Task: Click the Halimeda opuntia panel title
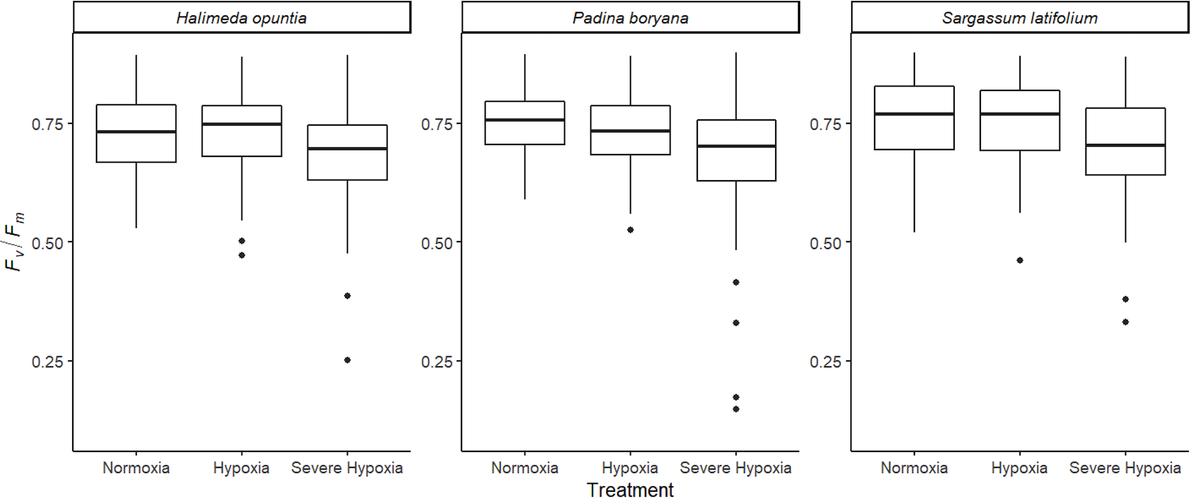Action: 241,18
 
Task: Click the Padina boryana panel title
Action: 630,18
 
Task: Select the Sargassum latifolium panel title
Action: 1020,18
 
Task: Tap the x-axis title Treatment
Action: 630,489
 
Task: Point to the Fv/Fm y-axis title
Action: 15,242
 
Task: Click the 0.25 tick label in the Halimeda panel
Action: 47,362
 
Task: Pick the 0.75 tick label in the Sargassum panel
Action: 825,124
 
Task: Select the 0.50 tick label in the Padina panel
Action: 436,243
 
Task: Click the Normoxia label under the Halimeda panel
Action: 136,468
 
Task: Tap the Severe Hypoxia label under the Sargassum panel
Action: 1125,468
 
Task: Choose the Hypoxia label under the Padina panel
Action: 630,468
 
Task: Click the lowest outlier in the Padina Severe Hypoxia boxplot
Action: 736,409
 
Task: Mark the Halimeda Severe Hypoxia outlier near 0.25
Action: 347,360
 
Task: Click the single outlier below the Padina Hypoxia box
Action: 630,230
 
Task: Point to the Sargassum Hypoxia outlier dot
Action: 1020,260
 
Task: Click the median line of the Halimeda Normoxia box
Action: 136,131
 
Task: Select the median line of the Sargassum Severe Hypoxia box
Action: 1125,145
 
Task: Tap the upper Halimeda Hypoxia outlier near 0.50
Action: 242,241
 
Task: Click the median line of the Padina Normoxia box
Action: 525,120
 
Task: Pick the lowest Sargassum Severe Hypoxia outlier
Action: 1125,322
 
